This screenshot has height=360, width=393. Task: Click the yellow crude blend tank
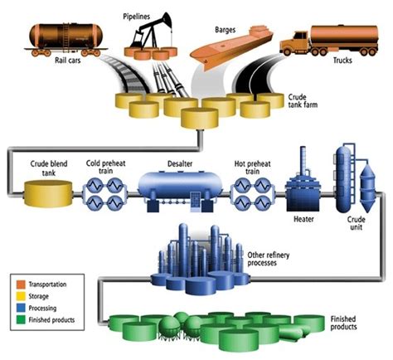click(x=48, y=195)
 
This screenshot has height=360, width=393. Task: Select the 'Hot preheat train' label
click(x=252, y=163)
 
